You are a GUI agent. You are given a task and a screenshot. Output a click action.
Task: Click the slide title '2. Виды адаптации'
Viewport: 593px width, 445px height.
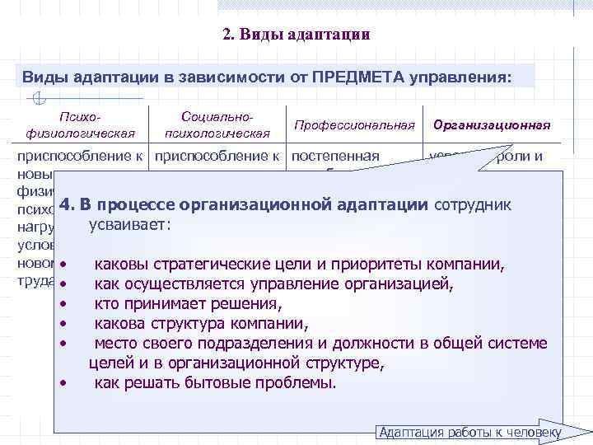coord(296,35)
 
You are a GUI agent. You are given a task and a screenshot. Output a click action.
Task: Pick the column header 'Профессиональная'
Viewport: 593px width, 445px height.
coord(354,125)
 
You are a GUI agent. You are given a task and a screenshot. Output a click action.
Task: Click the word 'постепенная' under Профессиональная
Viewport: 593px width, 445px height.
coord(336,155)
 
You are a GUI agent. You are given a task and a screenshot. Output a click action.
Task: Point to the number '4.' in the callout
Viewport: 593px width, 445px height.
coord(67,204)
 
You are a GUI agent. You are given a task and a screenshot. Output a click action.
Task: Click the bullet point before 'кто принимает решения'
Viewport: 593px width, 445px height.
coord(63,304)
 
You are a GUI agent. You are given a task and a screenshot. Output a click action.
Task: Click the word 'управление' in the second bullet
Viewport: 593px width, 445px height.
coord(271,284)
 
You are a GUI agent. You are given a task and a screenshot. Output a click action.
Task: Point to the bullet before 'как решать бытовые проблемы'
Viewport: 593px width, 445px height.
coord(63,383)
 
